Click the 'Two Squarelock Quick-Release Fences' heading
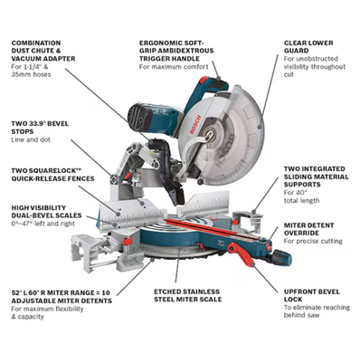click(52, 176)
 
